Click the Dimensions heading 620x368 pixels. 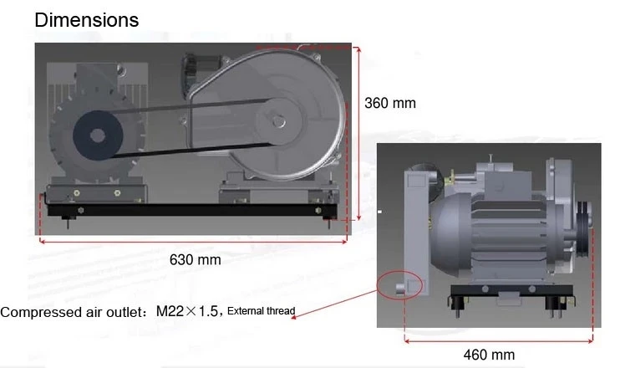point(87,20)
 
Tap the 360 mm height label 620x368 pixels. point(390,103)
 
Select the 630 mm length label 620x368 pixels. point(195,260)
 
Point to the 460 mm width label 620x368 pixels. point(489,355)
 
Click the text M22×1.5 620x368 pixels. point(186,311)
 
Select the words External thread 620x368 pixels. point(262,311)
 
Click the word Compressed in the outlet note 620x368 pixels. point(42,312)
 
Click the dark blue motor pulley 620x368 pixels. point(98,135)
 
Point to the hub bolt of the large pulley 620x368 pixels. point(279,121)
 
